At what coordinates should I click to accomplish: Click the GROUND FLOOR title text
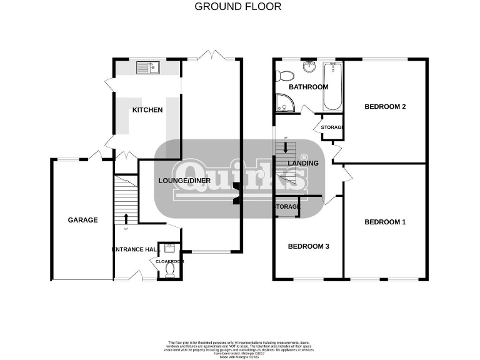(238, 7)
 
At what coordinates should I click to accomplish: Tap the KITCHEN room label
(147, 110)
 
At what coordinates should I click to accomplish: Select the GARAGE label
(83, 220)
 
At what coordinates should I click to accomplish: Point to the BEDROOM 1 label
(385, 222)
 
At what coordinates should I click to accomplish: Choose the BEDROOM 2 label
(385, 106)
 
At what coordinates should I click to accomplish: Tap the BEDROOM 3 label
(308, 246)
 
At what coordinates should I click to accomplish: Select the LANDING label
(303, 163)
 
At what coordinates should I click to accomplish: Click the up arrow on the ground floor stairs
(127, 217)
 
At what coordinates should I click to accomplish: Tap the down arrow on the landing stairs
(286, 148)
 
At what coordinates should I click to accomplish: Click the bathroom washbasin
(309, 67)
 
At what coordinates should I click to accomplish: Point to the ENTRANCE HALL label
(134, 249)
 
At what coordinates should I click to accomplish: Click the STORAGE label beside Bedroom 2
(332, 127)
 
